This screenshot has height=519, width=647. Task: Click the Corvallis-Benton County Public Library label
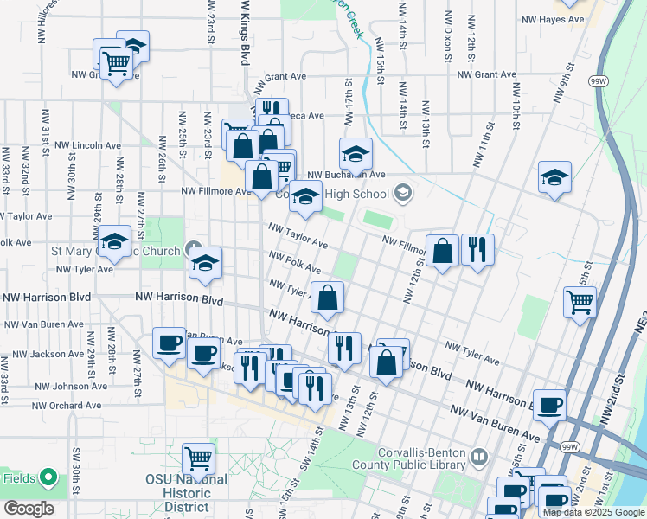click(x=424, y=465)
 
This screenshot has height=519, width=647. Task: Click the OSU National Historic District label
click(x=187, y=492)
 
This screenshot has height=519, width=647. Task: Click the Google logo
click(x=29, y=509)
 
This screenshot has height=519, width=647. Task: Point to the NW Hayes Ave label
click(x=554, y=19)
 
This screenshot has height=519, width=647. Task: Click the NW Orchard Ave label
click(x=67, y=405)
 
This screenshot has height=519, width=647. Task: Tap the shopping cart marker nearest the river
click(x=580, y=302)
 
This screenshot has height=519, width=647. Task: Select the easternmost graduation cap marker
click(x=554, y=177)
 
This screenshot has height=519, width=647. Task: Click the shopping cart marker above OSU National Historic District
click(x=199, y=458)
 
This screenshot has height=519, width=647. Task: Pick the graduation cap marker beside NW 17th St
click(x=355, y=153)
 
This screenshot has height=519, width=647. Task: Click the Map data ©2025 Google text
click(x=593, y=512)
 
